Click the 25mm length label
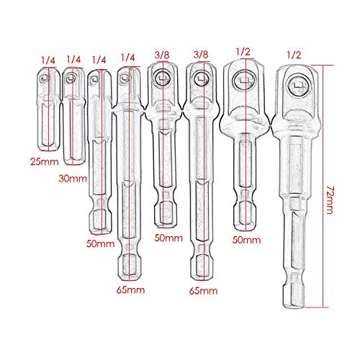point(45,162)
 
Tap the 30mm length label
point(73,179)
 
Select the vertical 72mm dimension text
point(329,199)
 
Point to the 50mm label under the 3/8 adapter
point(168,238)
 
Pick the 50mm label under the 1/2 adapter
point(246,240)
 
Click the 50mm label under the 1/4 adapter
point(100,243)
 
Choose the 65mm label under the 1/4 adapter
point(131,290)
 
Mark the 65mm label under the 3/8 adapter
point(204,291)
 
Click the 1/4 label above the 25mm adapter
point(48,60)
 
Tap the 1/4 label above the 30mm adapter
point(73,59)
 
